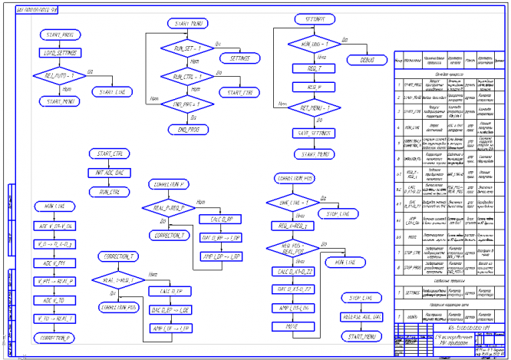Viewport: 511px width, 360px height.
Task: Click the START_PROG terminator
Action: click(x=58, y=35)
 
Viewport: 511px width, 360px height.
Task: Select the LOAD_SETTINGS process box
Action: click(x=58, y=53)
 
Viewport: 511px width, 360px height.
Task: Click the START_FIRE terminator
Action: click(x=238, y=92)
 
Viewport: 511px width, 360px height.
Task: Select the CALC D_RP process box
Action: click(x=221, y=219)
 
